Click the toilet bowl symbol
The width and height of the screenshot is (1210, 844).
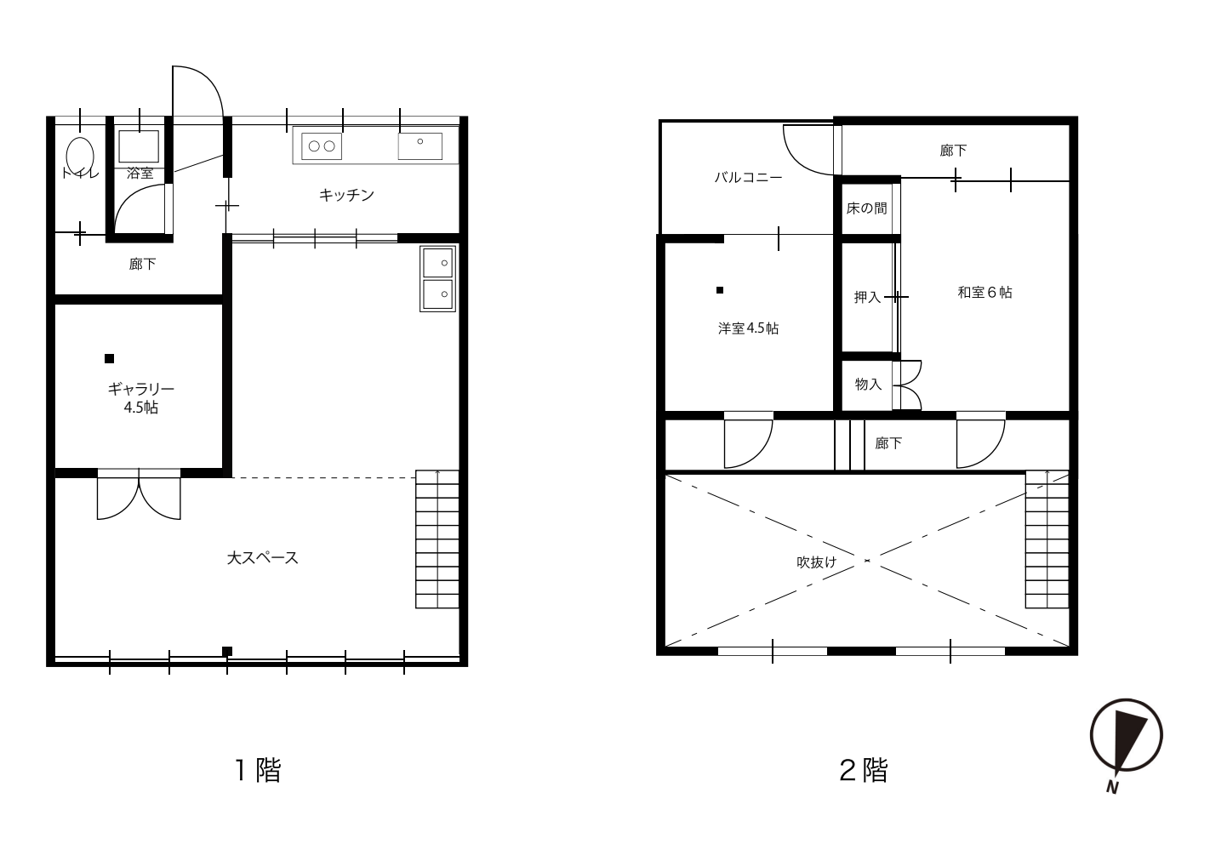(x=80, y=157)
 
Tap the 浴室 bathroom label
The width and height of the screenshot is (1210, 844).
(x=140, y=174)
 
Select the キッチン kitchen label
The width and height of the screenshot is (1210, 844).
(x=346, y=195)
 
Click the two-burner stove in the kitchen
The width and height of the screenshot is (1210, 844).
(x=322, y=145)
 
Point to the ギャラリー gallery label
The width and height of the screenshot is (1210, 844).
(x=141, y=389)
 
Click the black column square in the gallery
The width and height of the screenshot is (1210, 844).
(x=109, y=358)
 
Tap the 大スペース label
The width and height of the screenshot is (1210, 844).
(x=263, y=558)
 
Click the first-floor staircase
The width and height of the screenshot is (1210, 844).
(x=437, y=539)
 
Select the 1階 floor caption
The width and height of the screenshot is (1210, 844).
(x=258, y=770)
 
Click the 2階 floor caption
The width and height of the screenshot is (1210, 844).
(x=864, y=770)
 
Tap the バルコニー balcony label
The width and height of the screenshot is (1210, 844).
(x=748, y=177)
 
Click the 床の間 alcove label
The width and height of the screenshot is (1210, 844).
(x=866, y=208)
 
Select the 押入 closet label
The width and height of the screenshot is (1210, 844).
(x=868, y=297)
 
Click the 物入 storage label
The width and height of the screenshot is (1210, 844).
(x=868, y=384)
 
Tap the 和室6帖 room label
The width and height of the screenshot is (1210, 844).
(x=985, y=292)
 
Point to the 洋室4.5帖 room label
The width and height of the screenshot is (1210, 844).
(x=748, y=328)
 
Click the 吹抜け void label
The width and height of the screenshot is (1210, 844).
(x=817, y=562)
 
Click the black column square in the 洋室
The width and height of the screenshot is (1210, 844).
(x=720, y=290)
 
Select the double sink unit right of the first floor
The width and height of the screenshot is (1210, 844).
(x=437, y=278)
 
